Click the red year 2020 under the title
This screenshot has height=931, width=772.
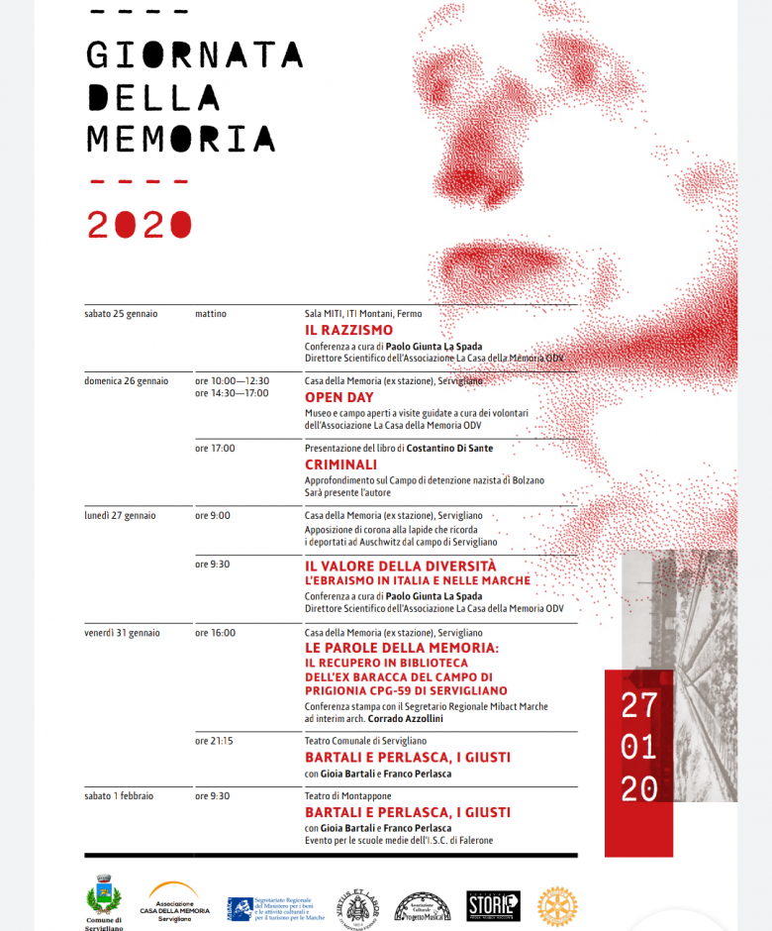coord(139,225)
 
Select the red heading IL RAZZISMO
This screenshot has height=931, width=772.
coord(348,330)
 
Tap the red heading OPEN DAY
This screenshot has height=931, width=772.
coord(338,397)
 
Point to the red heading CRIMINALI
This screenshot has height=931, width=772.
coord(340,464)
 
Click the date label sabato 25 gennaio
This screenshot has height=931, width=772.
coord(121,314)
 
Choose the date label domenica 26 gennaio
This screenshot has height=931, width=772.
coord(126,380)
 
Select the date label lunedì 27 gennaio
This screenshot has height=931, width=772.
coord(120,515)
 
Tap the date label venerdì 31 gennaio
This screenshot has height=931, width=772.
coord(122,632)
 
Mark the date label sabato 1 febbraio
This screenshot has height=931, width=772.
coord(119,795)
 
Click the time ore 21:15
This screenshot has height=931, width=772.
coord(214,740)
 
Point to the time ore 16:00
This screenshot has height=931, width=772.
coord(215,632)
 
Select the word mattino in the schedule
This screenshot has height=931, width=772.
coord(211,314)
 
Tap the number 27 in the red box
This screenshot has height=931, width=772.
coord(638,705)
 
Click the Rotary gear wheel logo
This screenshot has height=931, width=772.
coord(556,906)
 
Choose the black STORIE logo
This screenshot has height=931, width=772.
coord(493,905)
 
